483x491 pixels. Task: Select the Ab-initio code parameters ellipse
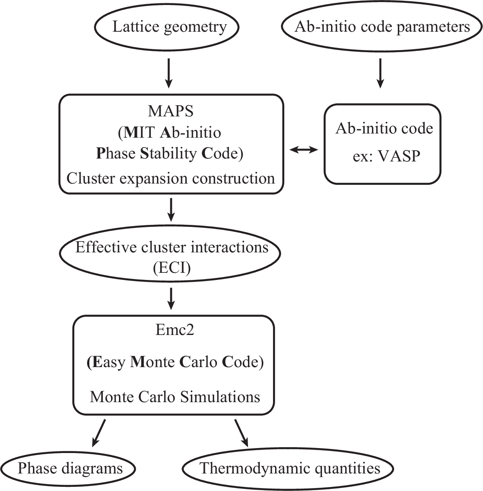coord(382,27)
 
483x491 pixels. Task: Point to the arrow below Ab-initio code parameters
coord(379,73)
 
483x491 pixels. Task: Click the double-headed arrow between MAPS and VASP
coord(304,151)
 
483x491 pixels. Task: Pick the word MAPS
coord(171,111)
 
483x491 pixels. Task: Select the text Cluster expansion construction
coord(171,179)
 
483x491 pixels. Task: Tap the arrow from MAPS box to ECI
coord(170,209)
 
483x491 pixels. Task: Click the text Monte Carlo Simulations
coord(175,396)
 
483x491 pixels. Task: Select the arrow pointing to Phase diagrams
coord(98,433)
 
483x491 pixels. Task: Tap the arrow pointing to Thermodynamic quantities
coord(242,433)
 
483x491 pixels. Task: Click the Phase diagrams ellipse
coord(69,468)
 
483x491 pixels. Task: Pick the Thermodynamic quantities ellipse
coord(289,468)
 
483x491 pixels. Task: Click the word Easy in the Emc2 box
coord(109,362)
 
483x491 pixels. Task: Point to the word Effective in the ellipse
coord(100,247)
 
